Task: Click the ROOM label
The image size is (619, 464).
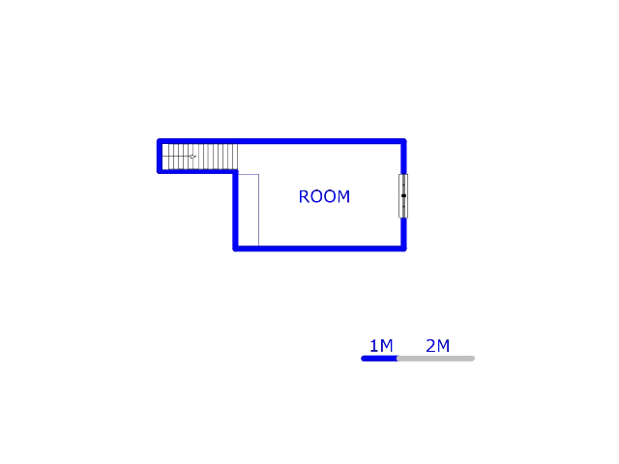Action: (x=324, y=196)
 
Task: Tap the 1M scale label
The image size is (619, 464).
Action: (x=380, y=346)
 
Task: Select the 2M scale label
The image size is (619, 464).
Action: (x=437, y=346)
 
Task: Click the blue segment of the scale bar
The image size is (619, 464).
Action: (x=380, y=359)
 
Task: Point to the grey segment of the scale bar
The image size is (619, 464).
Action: (x=435, y=359)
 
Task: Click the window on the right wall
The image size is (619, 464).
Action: (x=403, y=195)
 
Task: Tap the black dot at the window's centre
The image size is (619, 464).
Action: (x=403, y=196)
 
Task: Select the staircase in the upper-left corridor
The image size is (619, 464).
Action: (x=199, y=156)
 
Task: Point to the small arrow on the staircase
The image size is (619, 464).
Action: (x=192, y=156)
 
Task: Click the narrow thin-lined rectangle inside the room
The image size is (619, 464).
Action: (x=249, y=210)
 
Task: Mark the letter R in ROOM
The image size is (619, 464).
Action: (x=304, y=196)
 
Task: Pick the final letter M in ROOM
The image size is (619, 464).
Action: (x=343, y=196)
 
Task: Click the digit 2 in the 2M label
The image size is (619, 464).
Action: (x=430, y=346)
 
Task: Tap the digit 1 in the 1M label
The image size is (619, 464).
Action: (x=373, y=346)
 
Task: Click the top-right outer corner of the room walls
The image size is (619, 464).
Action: (x=403, y=141)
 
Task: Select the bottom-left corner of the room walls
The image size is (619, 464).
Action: (x=235, y=248)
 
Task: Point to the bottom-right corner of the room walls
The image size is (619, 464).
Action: (x=403, y=248)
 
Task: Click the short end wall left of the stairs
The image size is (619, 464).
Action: (x=160, y=156)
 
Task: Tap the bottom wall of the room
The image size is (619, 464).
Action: (x=319, y=248)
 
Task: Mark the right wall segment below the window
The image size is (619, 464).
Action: (x=403, y=233)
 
